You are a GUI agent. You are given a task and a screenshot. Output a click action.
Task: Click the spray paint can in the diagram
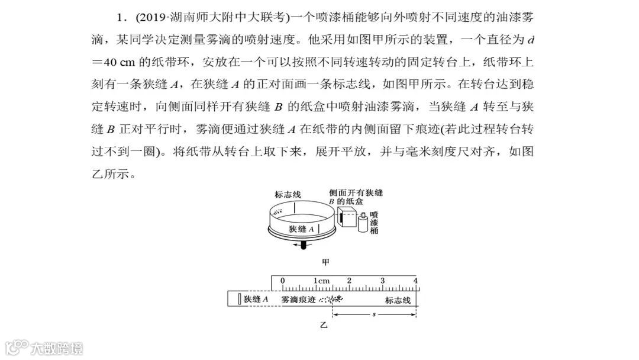click(x=363, y=224)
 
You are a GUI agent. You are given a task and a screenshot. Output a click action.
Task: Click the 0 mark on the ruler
click(x=282, y=281)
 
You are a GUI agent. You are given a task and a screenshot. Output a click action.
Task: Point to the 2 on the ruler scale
click(x=349, y=281)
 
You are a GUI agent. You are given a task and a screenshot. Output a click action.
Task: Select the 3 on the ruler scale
click(x=382, y=281)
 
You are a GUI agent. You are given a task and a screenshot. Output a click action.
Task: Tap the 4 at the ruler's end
click(x=415, y=281)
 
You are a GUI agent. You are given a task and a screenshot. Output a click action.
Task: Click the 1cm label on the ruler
click(x=321, y=281)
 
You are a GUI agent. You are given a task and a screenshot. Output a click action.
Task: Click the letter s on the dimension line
click(x=374, y=313)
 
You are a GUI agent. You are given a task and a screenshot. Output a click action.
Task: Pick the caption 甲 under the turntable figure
click(x=325, y=261)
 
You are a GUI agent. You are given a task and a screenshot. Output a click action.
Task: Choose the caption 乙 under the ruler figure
click(x=324, y=325)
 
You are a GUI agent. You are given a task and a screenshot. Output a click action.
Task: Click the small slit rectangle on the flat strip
click(x=238, y=299)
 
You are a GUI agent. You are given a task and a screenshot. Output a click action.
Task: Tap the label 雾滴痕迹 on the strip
click(x=299, y=300)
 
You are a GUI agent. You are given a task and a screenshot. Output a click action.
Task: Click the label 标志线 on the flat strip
click(x=398, y=300)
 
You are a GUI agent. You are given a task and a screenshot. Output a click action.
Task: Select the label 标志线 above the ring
click(x=288, y=195)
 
